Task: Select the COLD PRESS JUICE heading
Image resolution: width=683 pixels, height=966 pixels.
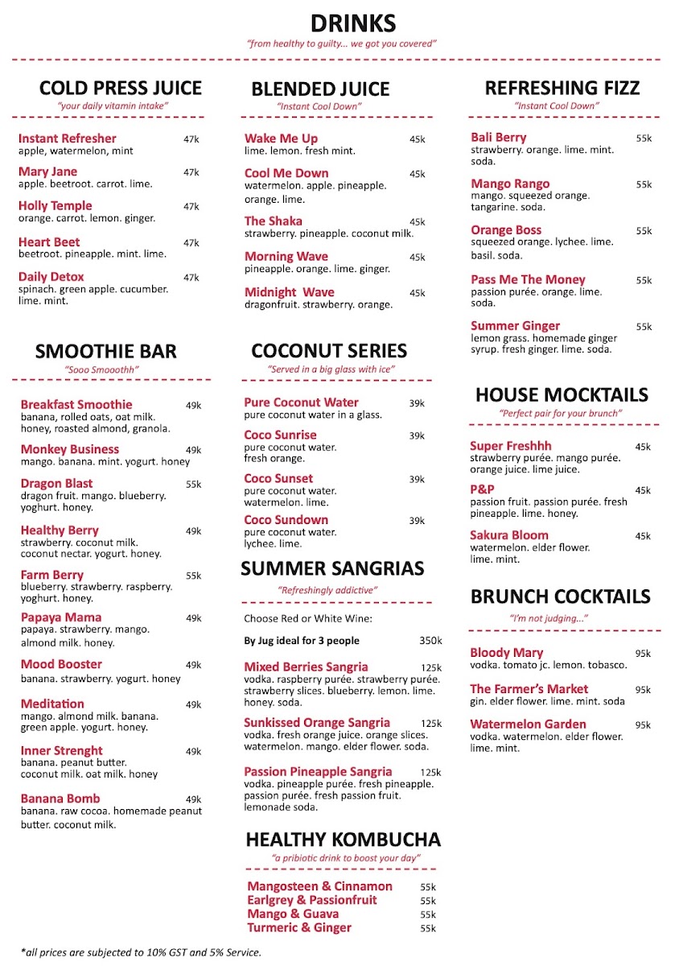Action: pyautogui.click(x=121, y=88)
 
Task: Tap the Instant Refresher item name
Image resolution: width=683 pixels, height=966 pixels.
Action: pyautogui.click(x=68, y=138)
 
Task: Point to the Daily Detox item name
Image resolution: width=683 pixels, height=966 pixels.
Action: pyautogui.click(x=51, y=277)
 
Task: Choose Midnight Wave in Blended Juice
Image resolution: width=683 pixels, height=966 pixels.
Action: pyautogui.click(x=290, y=292)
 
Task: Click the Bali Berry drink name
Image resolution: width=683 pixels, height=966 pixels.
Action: pyautogui.click(x=499, y=138)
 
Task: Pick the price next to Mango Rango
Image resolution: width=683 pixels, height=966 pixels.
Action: pyautogui.click(x=644, y=185)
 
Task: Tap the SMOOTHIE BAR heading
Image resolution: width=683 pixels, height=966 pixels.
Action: pyautogui.click(x=105, y=352)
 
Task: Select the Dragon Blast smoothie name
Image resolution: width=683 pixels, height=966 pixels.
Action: pyautogui.click(x=56, y=484)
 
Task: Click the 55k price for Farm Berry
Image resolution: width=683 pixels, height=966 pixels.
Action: pyautogui.click(x=193, y=576)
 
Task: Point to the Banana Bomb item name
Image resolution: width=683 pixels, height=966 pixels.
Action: pyautogui.click(x=60, y=799)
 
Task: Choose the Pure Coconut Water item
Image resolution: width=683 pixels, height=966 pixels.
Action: pyautogui.click(x=302, y=402)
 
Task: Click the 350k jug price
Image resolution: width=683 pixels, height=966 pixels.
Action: pyautogui.click(x=430, y=641)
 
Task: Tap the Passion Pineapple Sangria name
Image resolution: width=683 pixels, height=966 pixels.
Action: pyautogui.click(x=318, y=771)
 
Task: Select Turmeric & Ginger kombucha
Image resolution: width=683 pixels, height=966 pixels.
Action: pyautogui.click(x=299, y=927)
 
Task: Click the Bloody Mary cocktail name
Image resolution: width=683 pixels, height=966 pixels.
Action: pyautogui.click(x=507, y=653)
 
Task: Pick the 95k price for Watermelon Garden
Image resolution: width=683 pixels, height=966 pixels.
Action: pyautogui.click(x=643, y=725)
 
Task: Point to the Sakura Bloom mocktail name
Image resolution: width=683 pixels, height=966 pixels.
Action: pyautogui.click(x=509, y=535)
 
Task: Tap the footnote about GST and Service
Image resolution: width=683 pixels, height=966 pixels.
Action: pyautogui.click(x=141, y=952)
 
